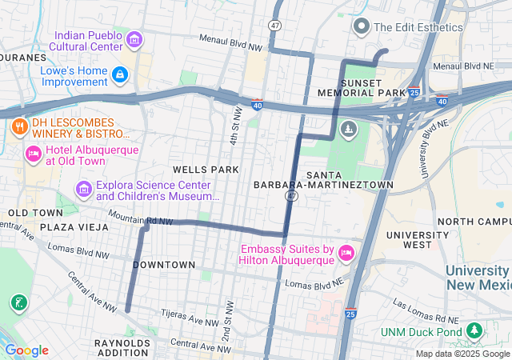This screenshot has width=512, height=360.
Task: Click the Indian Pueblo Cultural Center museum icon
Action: click(134, 38)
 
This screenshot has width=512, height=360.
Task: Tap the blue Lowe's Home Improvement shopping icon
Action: click(119, 75)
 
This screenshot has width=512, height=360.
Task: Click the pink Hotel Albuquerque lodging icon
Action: click(33, 154)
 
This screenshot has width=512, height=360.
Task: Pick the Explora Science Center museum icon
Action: click(83, 190)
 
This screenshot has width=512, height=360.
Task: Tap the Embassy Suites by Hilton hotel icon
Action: click(346, 253)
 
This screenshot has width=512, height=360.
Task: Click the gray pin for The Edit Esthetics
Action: click(362, 26)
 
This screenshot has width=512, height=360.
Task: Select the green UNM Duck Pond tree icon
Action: click(474, 331)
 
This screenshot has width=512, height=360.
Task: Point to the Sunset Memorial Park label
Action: click(373, 88)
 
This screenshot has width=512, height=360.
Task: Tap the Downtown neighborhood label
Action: click(164, 265)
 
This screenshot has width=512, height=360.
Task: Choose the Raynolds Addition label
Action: click(122, 347)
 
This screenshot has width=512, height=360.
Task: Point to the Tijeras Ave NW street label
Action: click(190, 318)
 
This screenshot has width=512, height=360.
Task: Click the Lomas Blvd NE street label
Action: click(314, 284)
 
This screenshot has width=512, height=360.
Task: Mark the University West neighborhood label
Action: click(417, 240)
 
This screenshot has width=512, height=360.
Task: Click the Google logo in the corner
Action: click(26, 350)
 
